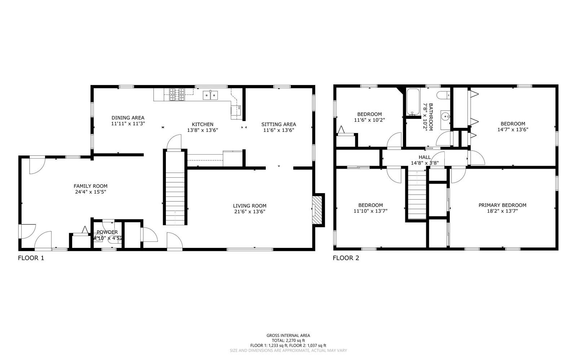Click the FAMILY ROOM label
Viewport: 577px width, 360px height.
pyautogui.click(x=90, y=186)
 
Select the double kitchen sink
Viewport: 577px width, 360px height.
pyautogui.click(x=210, y=95)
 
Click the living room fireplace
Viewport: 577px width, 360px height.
pyautogui.click(x=317, y=210)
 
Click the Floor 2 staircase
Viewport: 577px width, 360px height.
pyautogui.click(x=417, y=195)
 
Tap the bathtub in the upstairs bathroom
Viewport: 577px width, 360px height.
pyautogui.click(x=412, y=102)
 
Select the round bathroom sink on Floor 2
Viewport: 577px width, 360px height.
pyautogui.click(x=446, y=117)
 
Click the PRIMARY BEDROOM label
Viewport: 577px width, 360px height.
pyautogui.click(x=502, y=205)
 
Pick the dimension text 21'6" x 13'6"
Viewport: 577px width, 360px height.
pyautogui.click(x=250, y=212)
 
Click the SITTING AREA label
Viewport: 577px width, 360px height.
pyautogui.click(x=278, y=124)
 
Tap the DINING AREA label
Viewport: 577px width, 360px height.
pyautogui.click(x=128, y=117)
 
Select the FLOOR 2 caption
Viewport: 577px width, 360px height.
pyautogui.click(x=346, y=258)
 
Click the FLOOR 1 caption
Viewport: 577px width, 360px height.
pyautogui.click(x=31, y=258)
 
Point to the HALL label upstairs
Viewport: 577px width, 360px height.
pyautogui.click(x=424, y=157)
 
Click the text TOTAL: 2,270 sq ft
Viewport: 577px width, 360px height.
pyautogui.click(x=288, y=340)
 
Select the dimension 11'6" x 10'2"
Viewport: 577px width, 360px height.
pyautogui.click(x=370, y=120)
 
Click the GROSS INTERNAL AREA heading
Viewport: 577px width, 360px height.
pyautogui.click(x=288, y=335)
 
